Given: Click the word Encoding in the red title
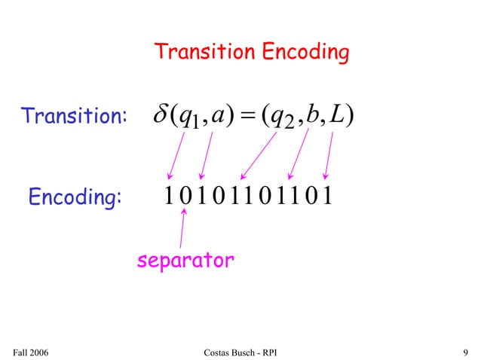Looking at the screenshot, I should [305, 52].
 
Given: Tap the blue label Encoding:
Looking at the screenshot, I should [74, 197].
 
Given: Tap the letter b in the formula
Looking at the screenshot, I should [314, 117].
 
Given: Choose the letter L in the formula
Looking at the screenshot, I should [337, 117].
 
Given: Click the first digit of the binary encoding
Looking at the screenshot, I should [167, 197].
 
